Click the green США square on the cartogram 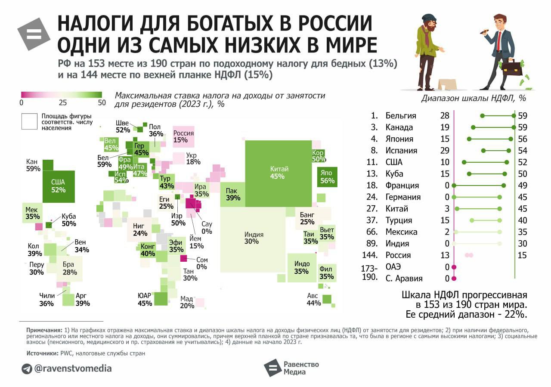[x=58, y=186]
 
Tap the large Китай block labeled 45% [x=279, y=172]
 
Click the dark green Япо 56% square [x=327, y=177]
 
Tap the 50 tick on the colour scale [x=102, y=103]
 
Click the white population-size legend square [x=30, y=121]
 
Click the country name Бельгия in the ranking [x=401, y=116]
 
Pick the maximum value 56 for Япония [x=523, y=139]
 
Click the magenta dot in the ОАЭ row [x=454, y=267]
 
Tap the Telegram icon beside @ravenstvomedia [x=27, y=369]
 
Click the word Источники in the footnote [x=40, y=353]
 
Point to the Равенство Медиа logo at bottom [x=291, y=368]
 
